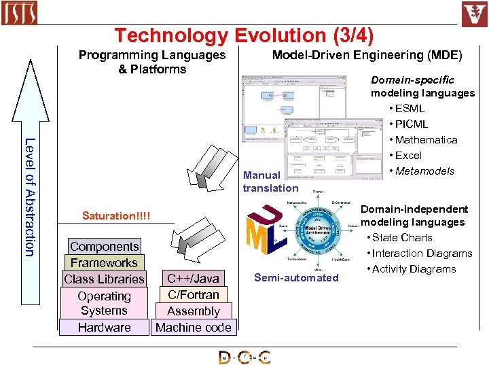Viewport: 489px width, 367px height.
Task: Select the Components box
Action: (x=104, y=247)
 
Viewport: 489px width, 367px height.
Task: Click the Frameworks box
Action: (x=104, y=263)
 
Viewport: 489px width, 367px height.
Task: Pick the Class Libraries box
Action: (x=104, y=279)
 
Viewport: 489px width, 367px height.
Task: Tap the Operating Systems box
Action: (x=104, y=303)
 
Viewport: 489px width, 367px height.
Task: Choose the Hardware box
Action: (x=104, y=328)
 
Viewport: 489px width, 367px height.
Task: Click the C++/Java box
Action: (x=193, y=279)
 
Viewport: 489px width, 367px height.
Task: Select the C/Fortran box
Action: (x=193, y=295)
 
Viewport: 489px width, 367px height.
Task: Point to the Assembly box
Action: (x=193, y=311)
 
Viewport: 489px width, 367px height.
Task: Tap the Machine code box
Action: (x=193, y=328)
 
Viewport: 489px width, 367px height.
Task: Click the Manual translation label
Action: (x=270, y=181)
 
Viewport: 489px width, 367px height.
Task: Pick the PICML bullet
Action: (x=411, y=124)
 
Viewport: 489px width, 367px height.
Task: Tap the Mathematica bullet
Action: (x=426, y=139)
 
